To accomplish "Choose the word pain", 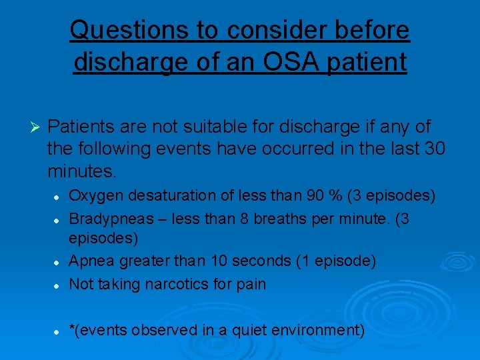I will (x=251, y=283).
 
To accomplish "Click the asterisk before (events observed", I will (x=73, y=329).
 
